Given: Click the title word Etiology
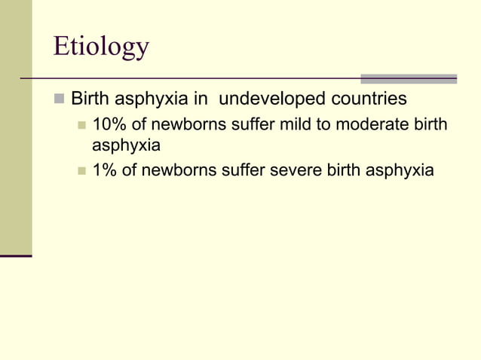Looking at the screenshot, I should (x=101, y=47).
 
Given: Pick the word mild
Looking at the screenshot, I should (x=295, y=124).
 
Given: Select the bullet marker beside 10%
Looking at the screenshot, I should (x=82, y=124).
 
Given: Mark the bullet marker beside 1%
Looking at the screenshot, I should (x=82, y=171).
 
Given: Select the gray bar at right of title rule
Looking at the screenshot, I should (x=409, y=78).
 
